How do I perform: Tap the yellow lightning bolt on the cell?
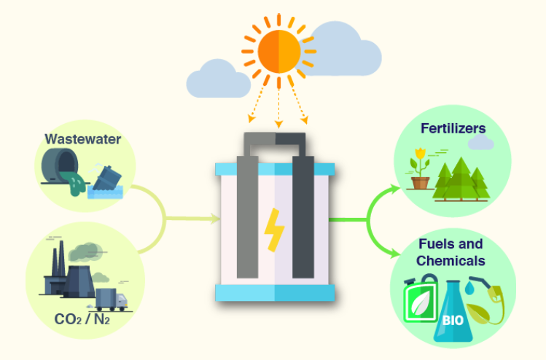click(x=275, y=229)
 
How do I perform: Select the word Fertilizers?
click(x=453, y=129)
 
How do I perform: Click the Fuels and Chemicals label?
click(x=451, y=252)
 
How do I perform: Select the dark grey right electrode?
click(x=303, y=211)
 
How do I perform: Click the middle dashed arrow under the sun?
click(x=278, y=109)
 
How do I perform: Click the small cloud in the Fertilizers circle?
click(x=480, y=143)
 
